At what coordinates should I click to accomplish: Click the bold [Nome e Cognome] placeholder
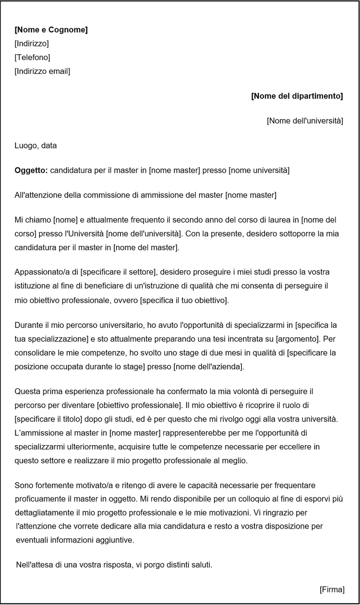coord(51,30)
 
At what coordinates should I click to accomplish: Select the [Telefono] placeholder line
coord(32,58)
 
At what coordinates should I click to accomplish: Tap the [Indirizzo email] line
coord(42,72)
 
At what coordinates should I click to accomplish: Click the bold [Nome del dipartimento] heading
coord(297,96)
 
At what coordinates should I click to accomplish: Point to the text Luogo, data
coord(36,145)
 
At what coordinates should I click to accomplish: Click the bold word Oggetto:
coord(31,170)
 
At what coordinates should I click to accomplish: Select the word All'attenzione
coord(36,195)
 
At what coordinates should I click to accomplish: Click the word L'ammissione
coord(38,433)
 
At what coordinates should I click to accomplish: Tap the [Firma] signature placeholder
coord(332,589)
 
